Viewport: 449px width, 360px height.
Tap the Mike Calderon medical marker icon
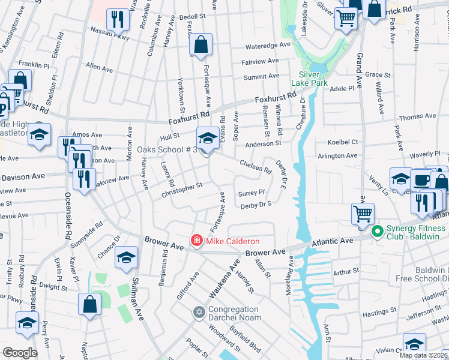tap(196, 241)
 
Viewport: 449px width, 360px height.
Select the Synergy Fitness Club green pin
tap(378, 230)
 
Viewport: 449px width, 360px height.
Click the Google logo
tap(20, 353)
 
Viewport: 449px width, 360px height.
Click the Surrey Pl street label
tap(252, 193)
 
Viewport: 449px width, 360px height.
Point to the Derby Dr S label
tap(256, 205)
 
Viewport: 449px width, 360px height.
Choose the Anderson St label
tap(263, 144)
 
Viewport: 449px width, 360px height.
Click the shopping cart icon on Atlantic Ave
tap(363, 214)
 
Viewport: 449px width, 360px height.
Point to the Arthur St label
tap(345, 272)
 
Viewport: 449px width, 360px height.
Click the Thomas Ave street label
tap(417, 116)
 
